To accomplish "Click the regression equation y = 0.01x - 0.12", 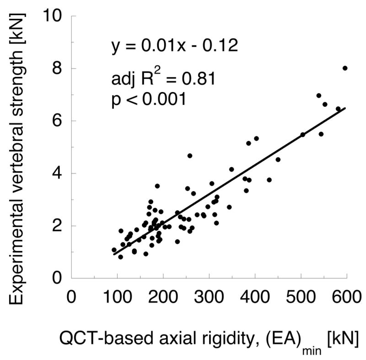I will [x=174, y=47].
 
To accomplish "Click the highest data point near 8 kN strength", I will [x=345, y=68].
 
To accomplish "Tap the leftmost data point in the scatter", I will [x=114, y=250].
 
